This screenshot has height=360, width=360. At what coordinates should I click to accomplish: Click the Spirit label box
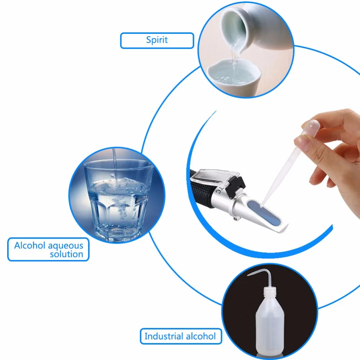click(157, 40)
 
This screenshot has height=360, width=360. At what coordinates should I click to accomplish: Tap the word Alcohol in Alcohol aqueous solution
click(30, 246)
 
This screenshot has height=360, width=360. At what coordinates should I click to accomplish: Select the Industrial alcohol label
click(180, 337)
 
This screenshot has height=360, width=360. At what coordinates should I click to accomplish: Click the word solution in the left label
click(67, 254)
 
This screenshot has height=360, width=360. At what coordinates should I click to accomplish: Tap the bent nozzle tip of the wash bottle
click(249, 275)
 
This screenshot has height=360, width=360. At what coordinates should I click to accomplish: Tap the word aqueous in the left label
click(66, 246)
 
